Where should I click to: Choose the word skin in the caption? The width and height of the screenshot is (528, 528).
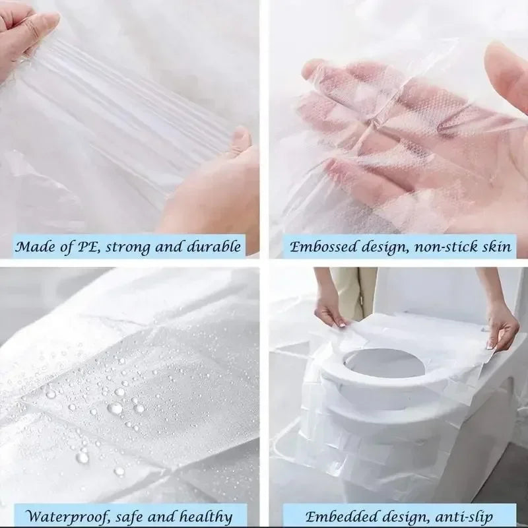[496, 247]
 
